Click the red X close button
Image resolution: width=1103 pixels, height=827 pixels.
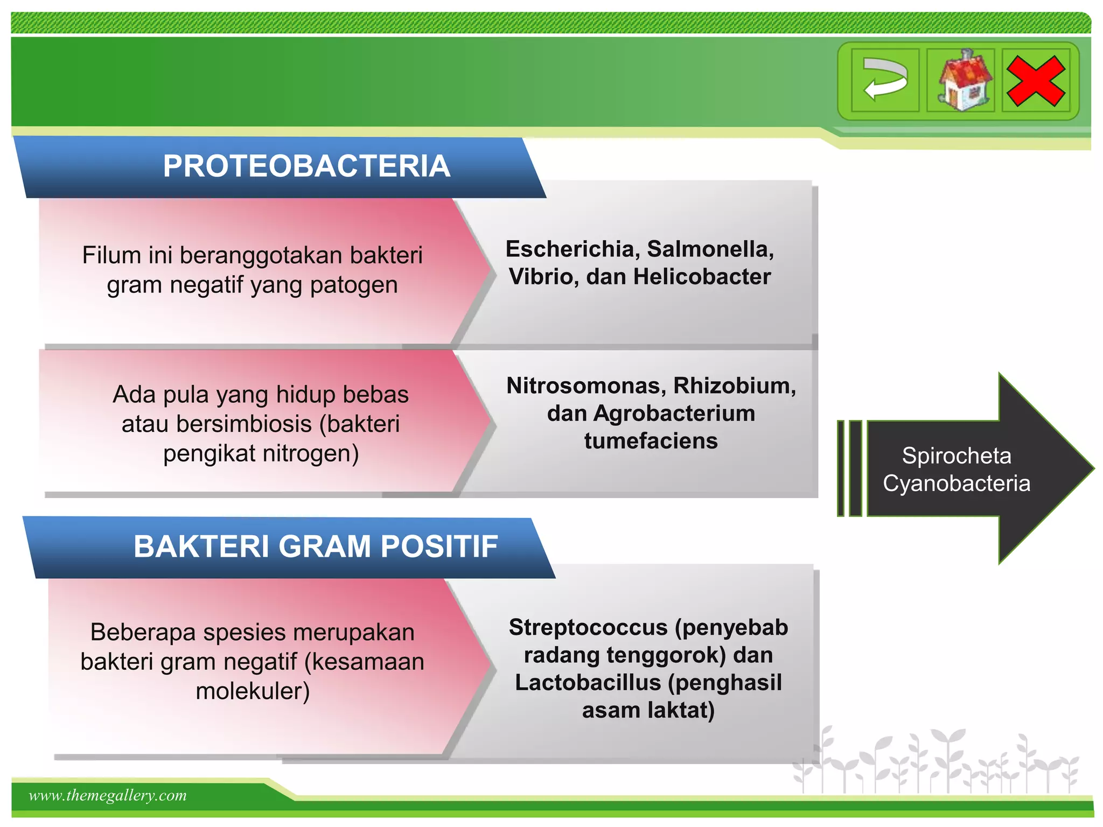click(x=1036, y=81)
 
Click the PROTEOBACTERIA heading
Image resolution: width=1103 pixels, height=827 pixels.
click(x=306, y=166)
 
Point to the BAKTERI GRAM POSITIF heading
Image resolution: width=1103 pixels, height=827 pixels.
click(x=316, y=546)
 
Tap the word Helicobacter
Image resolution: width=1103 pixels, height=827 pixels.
click(x=702, y=277)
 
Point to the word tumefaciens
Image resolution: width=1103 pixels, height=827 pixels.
click(x=651, y=441)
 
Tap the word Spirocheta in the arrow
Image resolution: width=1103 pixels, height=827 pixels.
click(x=957, y=457)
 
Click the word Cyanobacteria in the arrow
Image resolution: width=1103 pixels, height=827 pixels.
click(x=957, y=483)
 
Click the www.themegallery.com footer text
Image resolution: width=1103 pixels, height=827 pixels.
click(x=108, y=795)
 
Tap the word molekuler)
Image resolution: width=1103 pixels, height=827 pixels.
click(x=253, y=691)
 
